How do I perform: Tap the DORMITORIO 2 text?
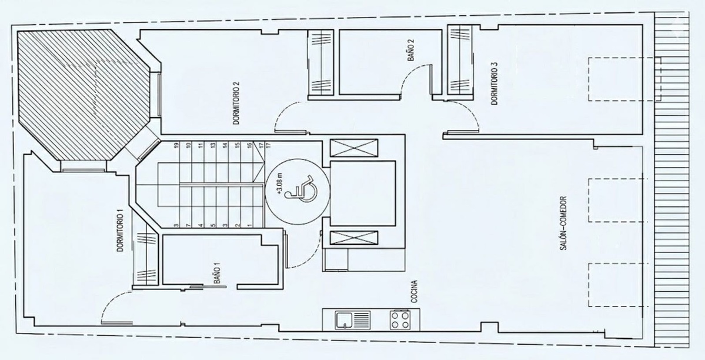tap(236, 103)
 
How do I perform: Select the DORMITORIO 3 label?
tap(494, 84)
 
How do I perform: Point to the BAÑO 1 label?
tap(218, 275)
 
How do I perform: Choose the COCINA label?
tap(414, 291)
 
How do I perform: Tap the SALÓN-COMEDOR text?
tap(564, 223)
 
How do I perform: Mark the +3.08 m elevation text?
tap(281, 185)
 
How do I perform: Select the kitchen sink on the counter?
tap(353, 320)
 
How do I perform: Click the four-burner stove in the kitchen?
tap(400, 320)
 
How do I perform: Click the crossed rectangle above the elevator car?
tap(354, 148)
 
